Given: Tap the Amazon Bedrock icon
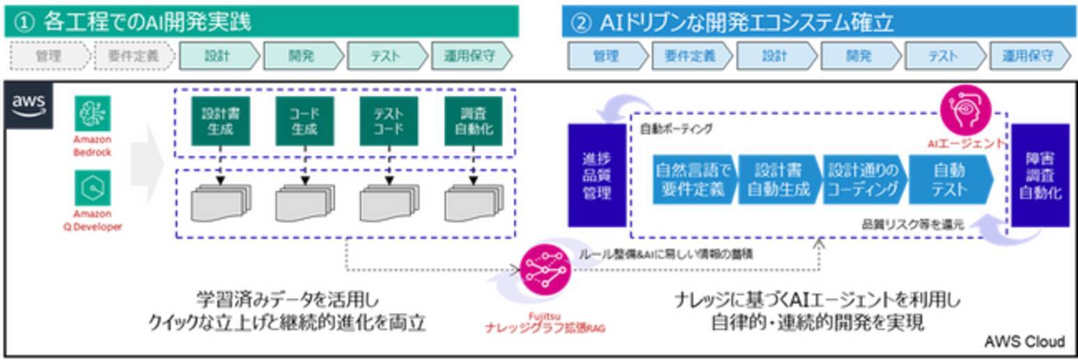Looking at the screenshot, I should [92, 114].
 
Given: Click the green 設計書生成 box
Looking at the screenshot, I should [220, 121].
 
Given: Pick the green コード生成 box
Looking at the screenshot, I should [304, 121].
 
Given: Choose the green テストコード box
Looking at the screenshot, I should [389, 121].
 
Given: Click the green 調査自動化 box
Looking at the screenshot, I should [473, 121].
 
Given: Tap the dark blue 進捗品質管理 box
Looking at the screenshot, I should [597, 175].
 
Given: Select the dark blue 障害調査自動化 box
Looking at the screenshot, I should [1040, 175].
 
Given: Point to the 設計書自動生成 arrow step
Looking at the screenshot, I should [779, 180].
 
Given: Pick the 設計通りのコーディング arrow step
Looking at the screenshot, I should [864, 180].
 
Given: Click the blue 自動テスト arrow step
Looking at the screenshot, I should [949, 180].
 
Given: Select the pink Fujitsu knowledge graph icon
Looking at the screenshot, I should [547, 269].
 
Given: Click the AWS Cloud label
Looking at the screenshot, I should [1024, 341].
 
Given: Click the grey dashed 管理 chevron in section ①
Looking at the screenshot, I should [48, 56].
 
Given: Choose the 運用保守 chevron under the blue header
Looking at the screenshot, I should [1029, 56].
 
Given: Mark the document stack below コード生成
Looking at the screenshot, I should [304, 203].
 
